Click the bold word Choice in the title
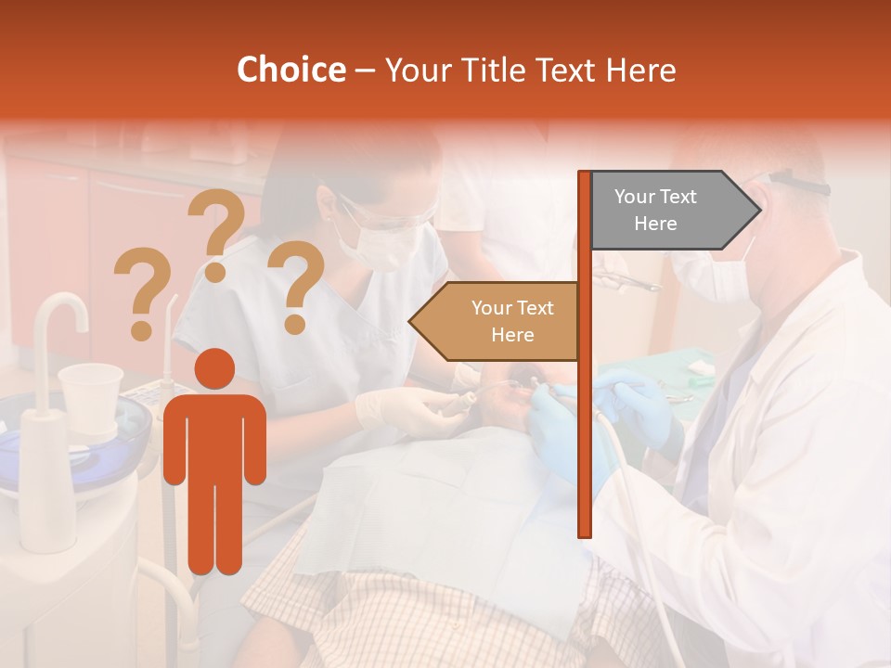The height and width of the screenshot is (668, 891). pyautogui.click(x=291, y=70)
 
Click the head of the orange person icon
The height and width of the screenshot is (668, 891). pyautogui.click(x=214, y=369)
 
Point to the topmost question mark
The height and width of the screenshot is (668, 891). pyautogui.click(x=216, y=232)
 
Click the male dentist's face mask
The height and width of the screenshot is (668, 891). pyautogui.click(x=715, y=275)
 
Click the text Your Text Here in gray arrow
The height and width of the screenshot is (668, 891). pyautogui.click(x=655, y=210)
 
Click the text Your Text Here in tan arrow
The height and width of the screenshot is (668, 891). pyautogui.click(x=511, y=321)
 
